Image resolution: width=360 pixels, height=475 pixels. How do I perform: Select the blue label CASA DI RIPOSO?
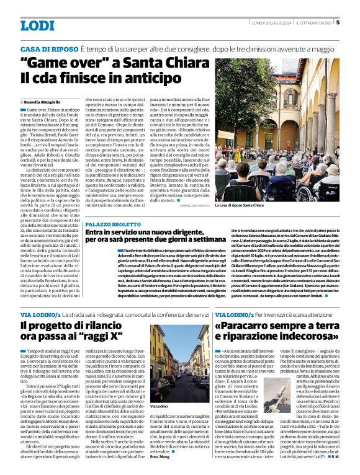(48, 48)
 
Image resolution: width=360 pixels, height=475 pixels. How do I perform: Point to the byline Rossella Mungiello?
(43, 100)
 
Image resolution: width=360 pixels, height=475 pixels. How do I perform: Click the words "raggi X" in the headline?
(89, 340)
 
